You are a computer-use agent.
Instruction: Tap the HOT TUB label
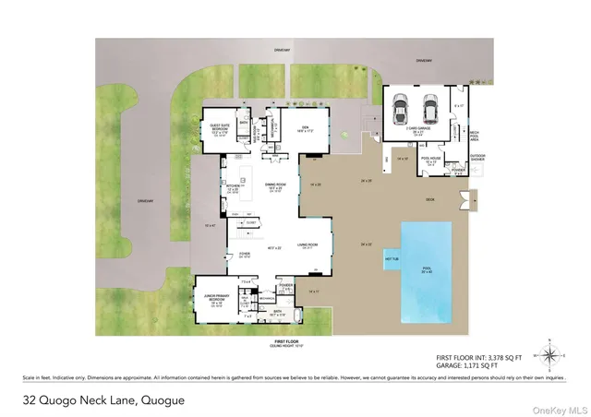391,259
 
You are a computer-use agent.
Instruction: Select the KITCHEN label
233,186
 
